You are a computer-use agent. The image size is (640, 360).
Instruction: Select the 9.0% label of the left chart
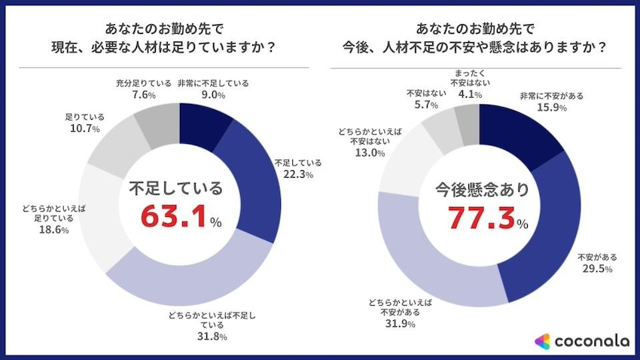(213, 96)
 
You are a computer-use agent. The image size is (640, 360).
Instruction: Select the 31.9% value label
(400, 324)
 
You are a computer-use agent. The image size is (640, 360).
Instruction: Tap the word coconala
(592, 341)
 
